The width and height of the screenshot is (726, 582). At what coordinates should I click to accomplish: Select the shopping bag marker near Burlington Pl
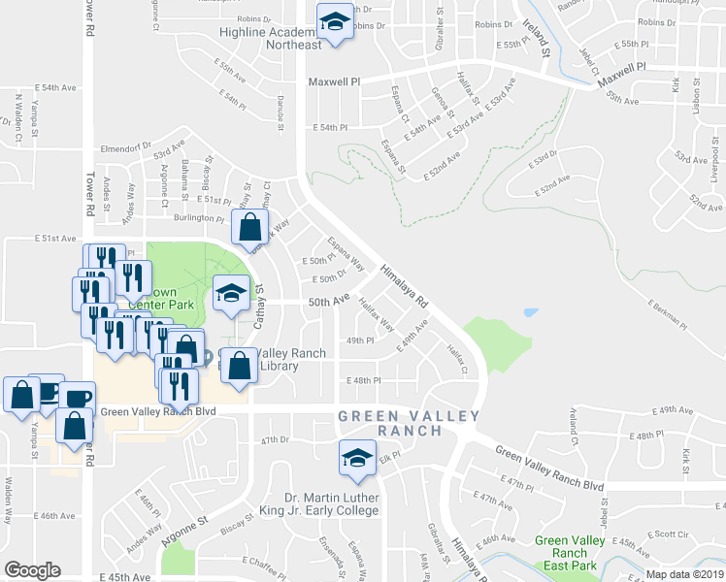249,228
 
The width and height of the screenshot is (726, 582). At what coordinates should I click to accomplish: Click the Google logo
32,570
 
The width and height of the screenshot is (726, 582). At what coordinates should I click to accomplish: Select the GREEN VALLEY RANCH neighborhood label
409,423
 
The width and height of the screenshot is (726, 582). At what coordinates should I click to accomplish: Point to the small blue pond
529,313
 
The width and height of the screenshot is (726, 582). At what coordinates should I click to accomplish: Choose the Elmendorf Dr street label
121,149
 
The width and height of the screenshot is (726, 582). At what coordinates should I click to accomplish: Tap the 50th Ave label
328,302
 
